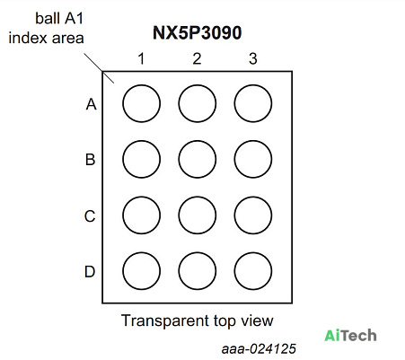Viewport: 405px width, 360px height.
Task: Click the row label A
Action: pos(91,104)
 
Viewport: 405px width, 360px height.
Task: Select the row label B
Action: pos(91,160)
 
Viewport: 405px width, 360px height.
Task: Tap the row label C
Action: pos(90,216)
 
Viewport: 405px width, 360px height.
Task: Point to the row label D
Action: pos(90,272)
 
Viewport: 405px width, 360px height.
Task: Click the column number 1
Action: pos(141,58)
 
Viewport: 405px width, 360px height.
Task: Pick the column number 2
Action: pos(197,58)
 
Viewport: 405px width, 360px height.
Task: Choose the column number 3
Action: pos(253,58)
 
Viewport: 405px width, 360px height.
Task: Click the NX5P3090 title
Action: pos(198,33)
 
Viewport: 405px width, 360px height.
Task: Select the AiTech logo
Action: pos(350,335)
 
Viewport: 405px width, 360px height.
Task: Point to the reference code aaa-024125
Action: pos(259,349)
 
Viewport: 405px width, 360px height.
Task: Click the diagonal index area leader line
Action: pos(99,68)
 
